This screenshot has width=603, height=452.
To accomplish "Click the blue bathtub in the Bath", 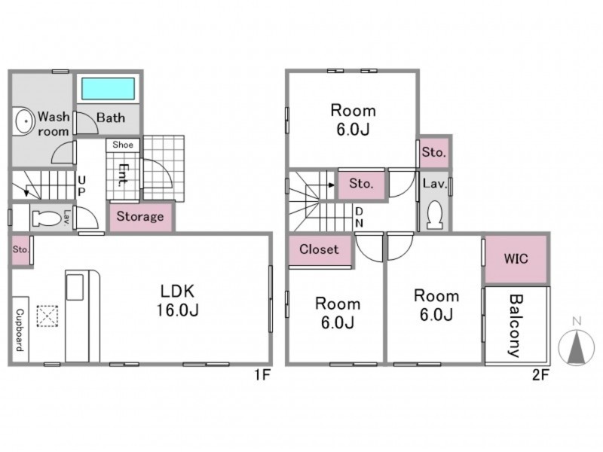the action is point(108,89).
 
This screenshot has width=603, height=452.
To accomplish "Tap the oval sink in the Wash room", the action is point(25,121).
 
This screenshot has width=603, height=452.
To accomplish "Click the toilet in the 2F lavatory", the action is point(435,215).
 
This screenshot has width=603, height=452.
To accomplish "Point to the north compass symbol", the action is point(576,346).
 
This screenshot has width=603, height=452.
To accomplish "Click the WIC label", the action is point(516,258).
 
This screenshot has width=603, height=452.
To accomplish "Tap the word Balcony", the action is point(516,325).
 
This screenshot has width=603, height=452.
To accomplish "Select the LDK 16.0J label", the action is point(177,300).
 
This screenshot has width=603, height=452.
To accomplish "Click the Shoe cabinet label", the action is point(123,145).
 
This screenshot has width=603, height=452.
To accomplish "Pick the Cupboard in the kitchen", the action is point(20,329).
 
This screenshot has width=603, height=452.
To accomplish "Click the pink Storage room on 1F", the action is point(140,217).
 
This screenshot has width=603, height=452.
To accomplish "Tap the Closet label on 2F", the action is point(319,249).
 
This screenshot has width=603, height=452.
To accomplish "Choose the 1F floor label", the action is point(262,374).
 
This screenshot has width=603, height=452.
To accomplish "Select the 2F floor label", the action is point(540,374).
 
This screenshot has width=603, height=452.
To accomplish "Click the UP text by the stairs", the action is point(81,185).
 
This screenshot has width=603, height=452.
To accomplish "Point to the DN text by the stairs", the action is point(360,217).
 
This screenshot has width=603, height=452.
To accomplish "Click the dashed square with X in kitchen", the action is point(47,316).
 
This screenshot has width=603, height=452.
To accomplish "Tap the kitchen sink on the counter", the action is point(75,287).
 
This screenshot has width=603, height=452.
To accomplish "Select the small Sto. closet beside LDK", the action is point(20,250).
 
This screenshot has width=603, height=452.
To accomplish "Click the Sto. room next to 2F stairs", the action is point(362,184).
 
